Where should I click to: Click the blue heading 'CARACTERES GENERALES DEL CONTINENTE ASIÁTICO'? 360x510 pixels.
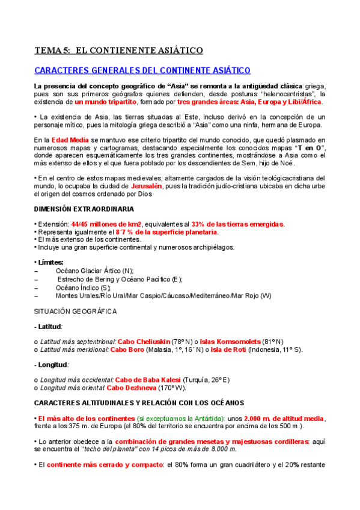tap(142, 71)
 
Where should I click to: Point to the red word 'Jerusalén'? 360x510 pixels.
tap(147, 186)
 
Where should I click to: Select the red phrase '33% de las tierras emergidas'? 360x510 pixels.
tap(237, 224)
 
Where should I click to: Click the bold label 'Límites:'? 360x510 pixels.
tap(52, 263)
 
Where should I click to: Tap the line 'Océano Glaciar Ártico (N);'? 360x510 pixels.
tap(94, 271)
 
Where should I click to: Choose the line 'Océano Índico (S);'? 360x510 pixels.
tap(83, 287)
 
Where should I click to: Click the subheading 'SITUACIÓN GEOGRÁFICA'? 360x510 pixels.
tap(75, 311)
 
